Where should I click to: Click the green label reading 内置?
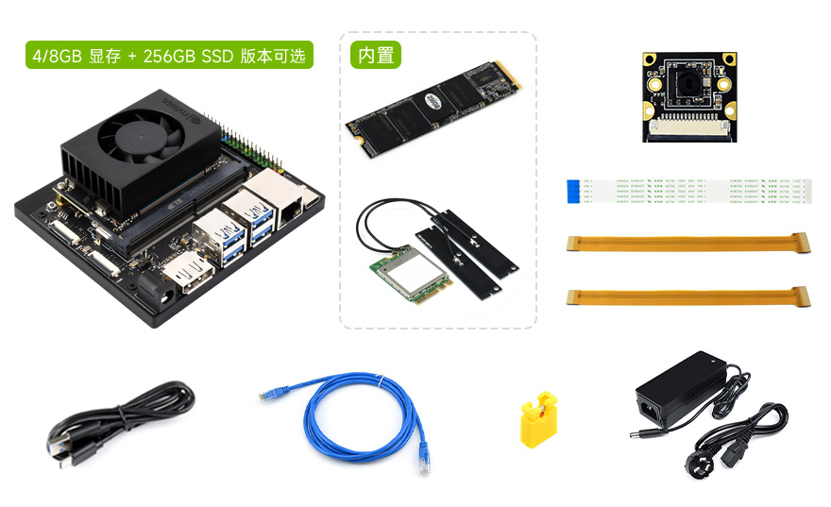pyautogui.click(x=376, y=56)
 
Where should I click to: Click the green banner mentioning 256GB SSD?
pyautogui.click(x=169, y=56)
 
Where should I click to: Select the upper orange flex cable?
pyautogui.click(x=688, y=244)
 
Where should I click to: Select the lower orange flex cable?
pyautogui.click(x=688, y=297)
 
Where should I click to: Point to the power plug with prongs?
pyautogui.click(x=697, y=467)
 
